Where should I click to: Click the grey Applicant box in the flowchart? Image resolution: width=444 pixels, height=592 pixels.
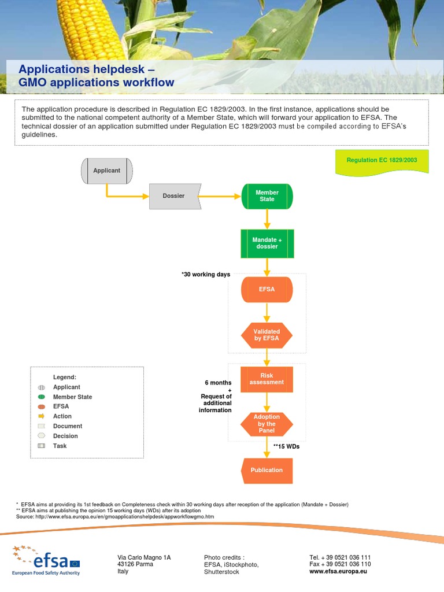106,171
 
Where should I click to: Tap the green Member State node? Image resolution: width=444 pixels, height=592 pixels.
267,196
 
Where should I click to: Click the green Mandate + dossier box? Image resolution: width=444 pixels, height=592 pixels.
267,243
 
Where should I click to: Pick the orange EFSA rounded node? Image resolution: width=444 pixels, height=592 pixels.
267,289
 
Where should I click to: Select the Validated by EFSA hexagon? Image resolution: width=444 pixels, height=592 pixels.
267,335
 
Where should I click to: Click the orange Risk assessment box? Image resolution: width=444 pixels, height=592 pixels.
267,379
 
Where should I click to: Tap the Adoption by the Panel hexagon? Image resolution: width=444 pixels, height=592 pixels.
267,424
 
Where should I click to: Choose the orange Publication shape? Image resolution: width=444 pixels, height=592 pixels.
267,471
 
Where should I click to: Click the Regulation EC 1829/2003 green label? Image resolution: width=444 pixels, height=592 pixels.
382,160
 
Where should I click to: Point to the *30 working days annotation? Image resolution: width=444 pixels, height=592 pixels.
206,275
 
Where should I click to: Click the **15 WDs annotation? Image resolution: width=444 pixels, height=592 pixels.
286,447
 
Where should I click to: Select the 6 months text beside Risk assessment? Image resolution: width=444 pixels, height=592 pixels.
218,383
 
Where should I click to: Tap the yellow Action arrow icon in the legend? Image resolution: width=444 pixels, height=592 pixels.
41,416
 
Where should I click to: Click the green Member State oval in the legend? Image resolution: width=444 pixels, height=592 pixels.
41,397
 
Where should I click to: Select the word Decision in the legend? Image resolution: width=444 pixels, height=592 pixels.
65,436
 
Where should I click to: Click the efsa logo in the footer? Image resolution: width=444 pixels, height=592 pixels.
46,560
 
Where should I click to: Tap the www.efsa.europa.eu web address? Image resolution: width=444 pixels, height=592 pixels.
338,571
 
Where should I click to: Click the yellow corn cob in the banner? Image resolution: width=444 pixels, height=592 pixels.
92,29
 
